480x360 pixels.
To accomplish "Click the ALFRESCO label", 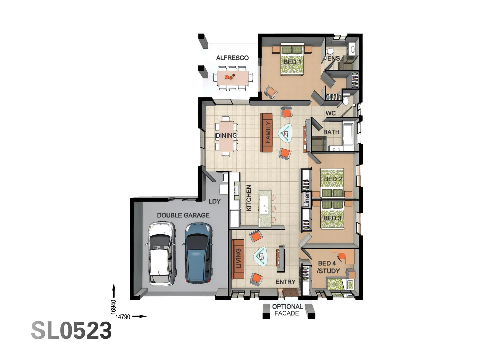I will (x=232, y=58).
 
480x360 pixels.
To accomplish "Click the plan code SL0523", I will (x=71, y=331).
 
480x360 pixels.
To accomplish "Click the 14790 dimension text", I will (x=123, y=317).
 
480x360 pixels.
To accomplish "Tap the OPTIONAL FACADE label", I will (x=287, y=310).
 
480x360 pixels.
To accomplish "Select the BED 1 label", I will (x=292, y=62).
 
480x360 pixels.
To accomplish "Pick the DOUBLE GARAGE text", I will (x=183, y=215).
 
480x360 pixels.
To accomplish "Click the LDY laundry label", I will (x=215, y=201).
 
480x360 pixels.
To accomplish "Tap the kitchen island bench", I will (x=265, y=207).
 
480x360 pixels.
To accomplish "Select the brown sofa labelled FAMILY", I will (x=266, y=132).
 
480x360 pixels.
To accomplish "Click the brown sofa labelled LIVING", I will (x=238, y=259).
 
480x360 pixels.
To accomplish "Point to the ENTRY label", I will (x=286, y=282).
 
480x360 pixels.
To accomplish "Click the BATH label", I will (x=331, y=132).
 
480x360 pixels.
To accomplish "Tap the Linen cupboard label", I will (x=307, y=199).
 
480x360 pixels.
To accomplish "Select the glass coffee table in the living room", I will (x=261, y=256).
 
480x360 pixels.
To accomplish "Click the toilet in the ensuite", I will (x=330, y=52).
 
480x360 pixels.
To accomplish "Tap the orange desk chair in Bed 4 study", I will (x=341, y=256).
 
